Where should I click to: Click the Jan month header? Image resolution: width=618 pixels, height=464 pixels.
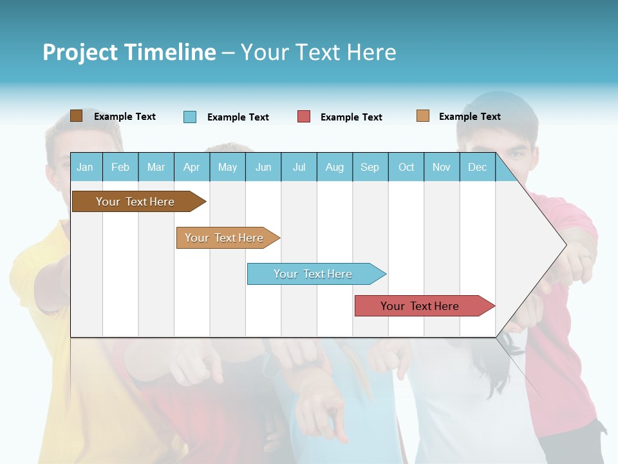(85, 168)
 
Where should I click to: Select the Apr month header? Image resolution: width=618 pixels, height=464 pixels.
(192, 168)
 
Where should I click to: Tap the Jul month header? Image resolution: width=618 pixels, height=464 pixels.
(299, 168)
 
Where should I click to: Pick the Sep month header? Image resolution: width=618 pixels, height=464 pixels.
(370, 168)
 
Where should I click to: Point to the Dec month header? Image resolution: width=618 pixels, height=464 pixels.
(477, 168)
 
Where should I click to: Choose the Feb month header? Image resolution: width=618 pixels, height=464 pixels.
(120, 168)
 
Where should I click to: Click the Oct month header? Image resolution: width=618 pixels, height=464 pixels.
(406, 168)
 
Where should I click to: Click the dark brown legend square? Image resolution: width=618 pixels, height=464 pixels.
(76, 116)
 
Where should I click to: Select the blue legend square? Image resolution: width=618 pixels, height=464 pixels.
(190, 117)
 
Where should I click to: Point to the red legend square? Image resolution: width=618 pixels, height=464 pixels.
(304, 117)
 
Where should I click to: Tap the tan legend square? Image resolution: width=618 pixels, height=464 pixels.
(423, 116)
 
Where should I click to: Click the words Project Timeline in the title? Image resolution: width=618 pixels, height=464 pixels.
(129, 52)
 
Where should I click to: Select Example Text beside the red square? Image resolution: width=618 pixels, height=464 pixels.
(351, 117)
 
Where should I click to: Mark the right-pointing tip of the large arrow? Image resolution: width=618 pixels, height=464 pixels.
(565, 244)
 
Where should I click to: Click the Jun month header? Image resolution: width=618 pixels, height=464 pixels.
(263, 168)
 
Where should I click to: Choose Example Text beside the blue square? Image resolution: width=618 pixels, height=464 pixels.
(238, 117)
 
